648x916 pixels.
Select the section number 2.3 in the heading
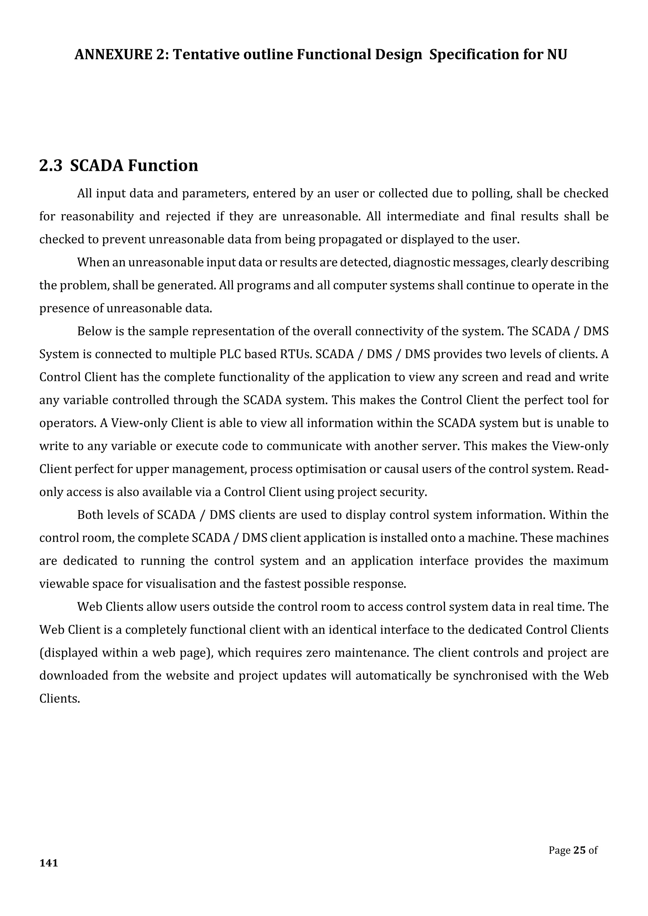click(51, 165)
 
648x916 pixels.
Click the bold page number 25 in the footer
click(579, 850)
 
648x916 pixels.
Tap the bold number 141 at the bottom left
click(49, 863)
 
